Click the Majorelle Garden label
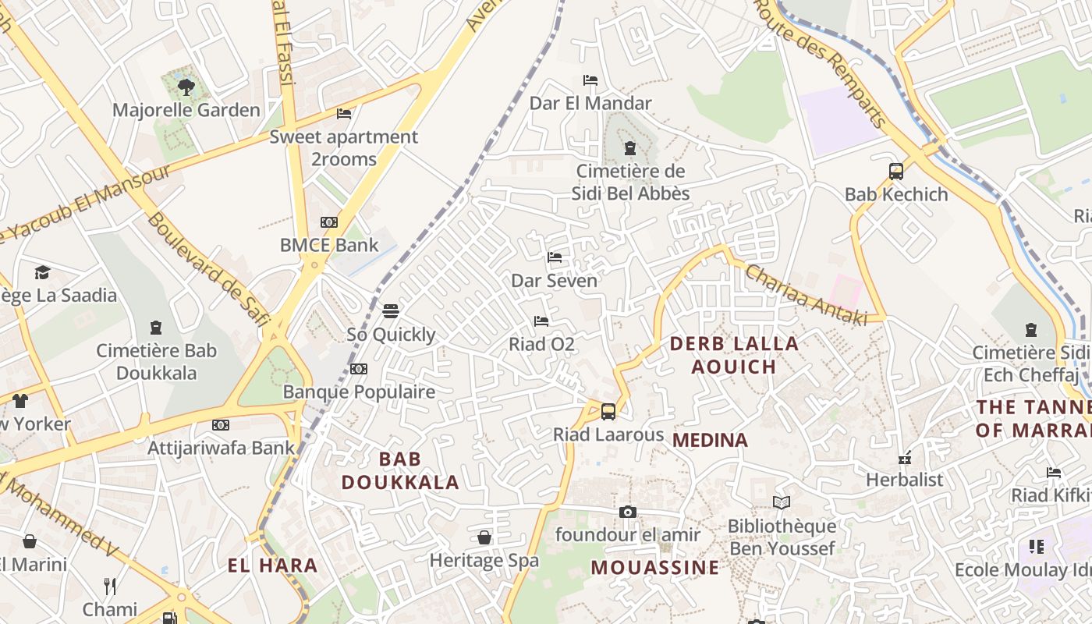click(x=186, y=110)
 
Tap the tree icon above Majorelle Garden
click(x=186, y=86)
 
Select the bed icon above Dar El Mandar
click(x=590, y=80)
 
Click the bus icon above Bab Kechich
click(x=896, y=171)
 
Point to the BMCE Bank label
click(x=329, y=245)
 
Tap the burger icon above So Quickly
click(x=391, y=311)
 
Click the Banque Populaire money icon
click(x=359, y=369)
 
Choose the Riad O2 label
click(x=541, y=344)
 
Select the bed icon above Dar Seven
click(x=555, y=257)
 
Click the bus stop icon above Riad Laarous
click(x=608, y=411)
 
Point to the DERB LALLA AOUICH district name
click(x=734, y=355)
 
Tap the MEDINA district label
click(x=710, y=440)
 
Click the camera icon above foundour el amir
click(x=628, y=512)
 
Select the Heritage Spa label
click(x=484, y=560)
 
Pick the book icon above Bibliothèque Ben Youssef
click(x=782, y=503)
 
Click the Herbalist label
click(x=905, y=479)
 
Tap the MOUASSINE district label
click(x=654, y=567)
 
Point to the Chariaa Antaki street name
click(x=806, y=295)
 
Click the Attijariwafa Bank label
click(x=222, y=448)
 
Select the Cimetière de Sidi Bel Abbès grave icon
click(x=630, y=148)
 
